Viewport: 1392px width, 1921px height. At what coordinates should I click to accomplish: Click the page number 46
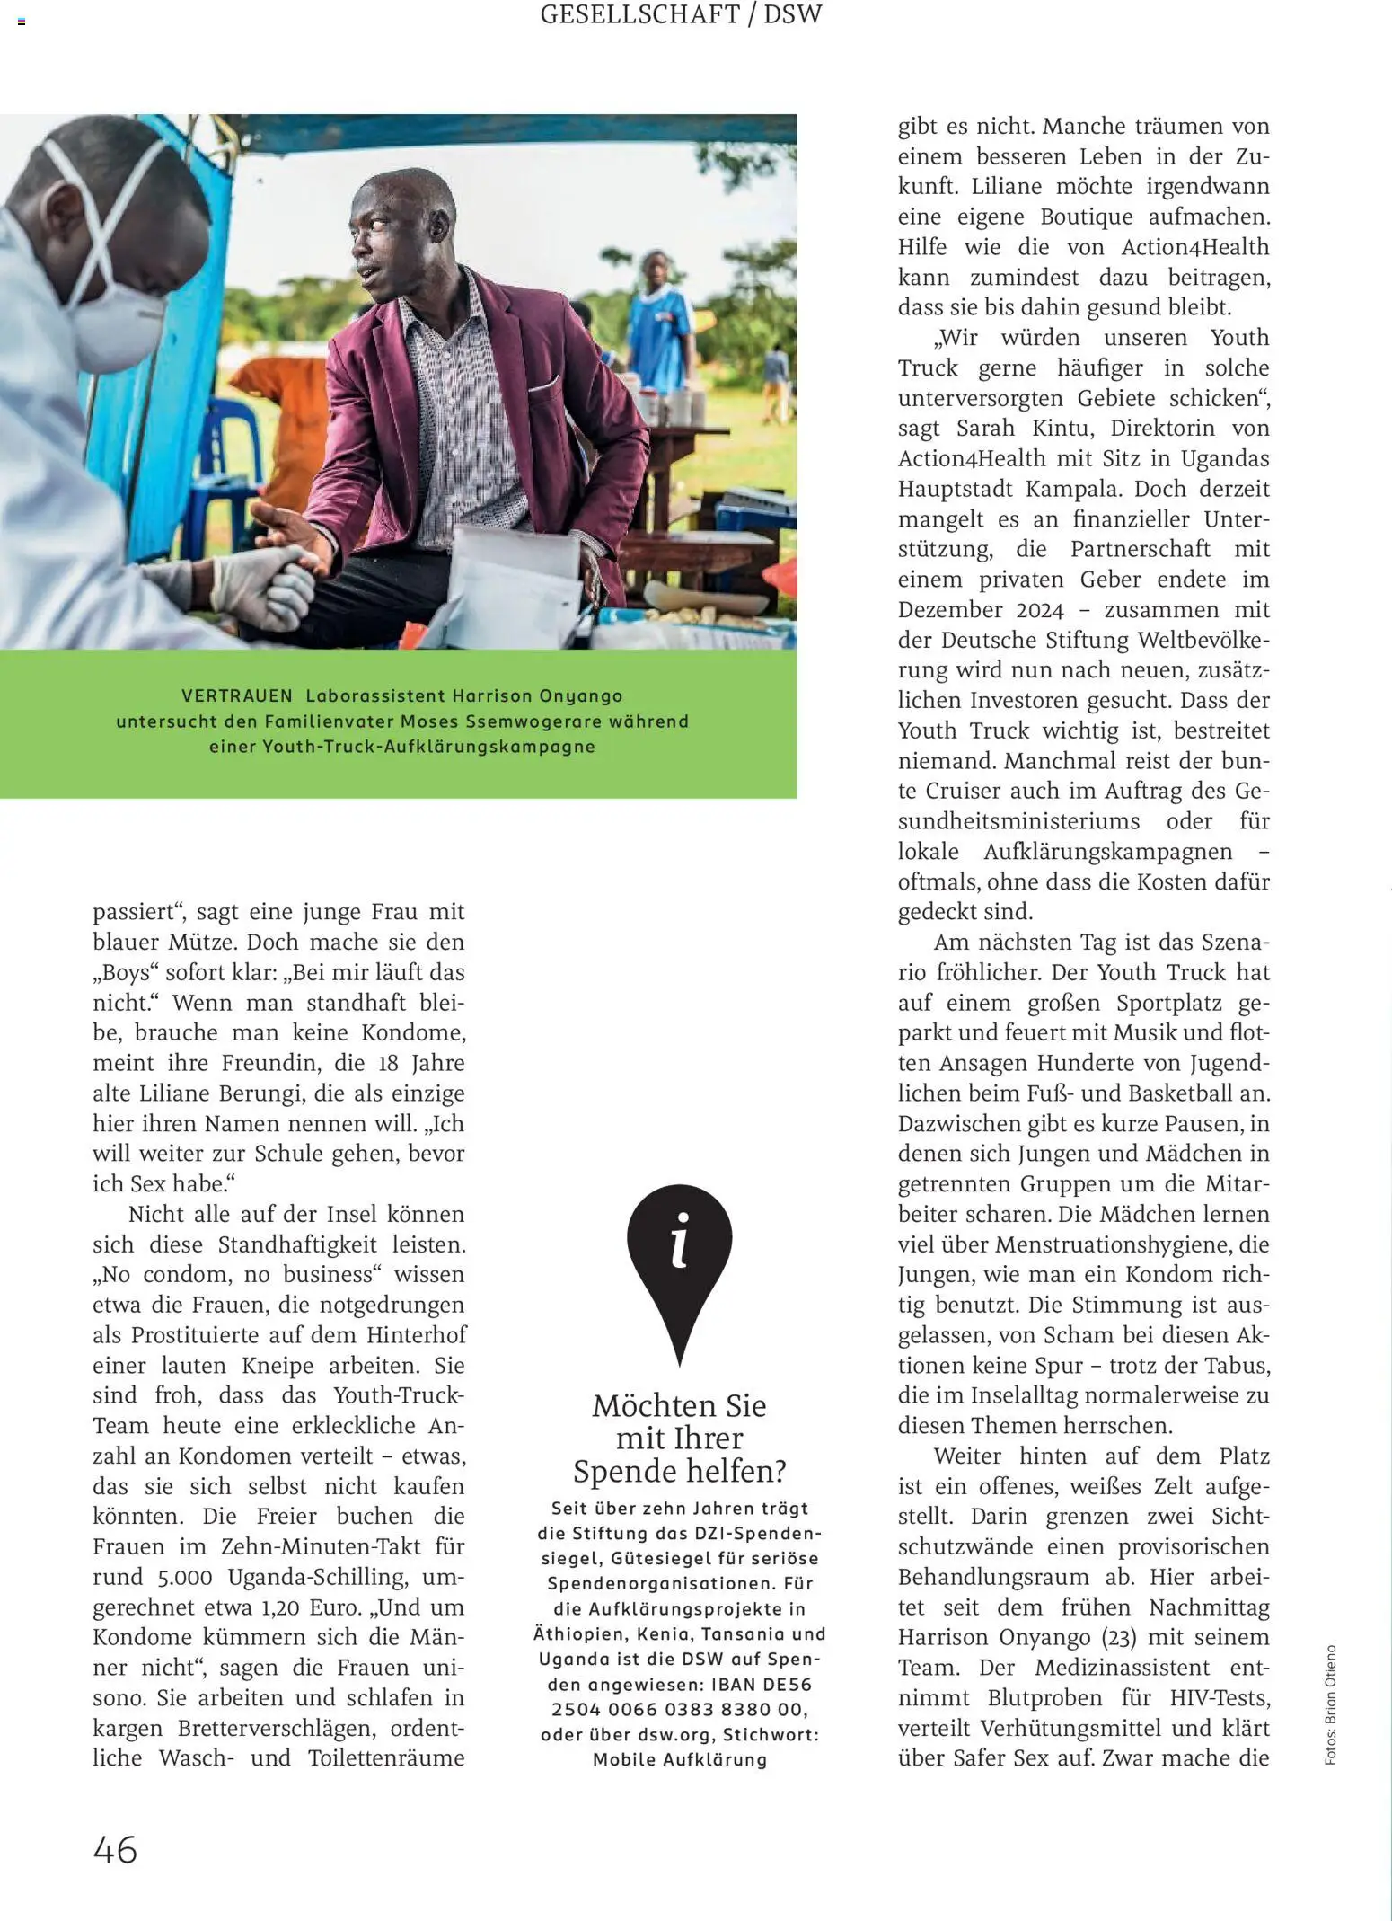[x=115, y=1850]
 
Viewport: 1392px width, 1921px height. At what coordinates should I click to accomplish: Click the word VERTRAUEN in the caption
[x=237, y=695]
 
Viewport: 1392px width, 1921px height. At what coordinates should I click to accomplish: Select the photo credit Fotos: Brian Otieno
[x=1330, y=1705]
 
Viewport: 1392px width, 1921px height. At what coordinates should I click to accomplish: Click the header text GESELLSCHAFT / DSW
[x=681, y=15]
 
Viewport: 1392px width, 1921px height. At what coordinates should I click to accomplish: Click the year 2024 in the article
[x=1039, y=611]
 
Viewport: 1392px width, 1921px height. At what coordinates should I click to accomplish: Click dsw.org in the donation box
[x=674, y=1734]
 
